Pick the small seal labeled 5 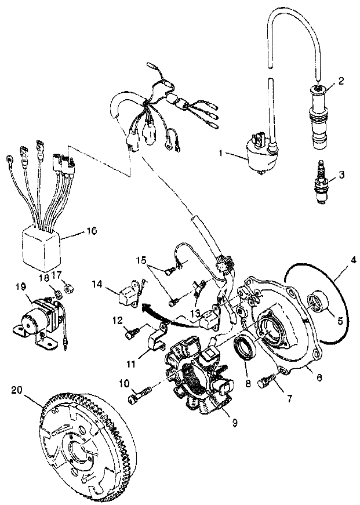(317, 301)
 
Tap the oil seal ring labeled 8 (243, 353)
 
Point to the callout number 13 (181, 314)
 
